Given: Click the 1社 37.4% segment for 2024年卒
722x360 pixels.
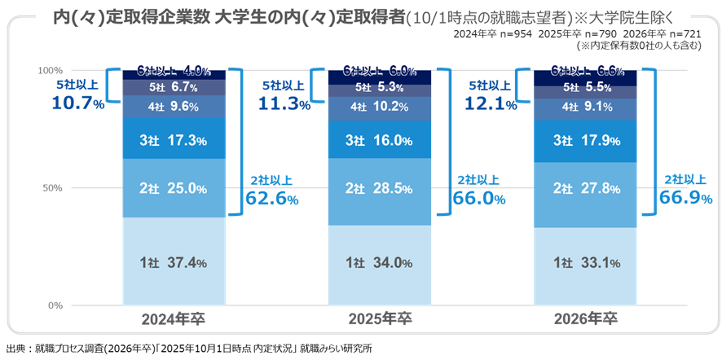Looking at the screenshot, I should click(173, 262).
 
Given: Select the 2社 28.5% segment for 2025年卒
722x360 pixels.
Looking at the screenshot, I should click(378, 189).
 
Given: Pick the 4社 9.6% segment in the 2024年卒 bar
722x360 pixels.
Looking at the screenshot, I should click(173, 105).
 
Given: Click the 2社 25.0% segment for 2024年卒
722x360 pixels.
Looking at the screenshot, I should click(173, 189).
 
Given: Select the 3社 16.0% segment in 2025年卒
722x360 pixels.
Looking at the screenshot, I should click(378, 140).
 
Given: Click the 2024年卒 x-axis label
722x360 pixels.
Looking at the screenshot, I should click(173, 318).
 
